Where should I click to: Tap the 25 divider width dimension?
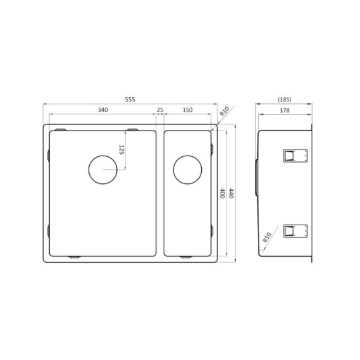(160, 110)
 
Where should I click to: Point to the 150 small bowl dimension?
(188, 110)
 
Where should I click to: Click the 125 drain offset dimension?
(122, 149)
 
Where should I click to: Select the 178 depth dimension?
(284, 110)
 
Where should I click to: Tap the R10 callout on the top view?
(224, 113)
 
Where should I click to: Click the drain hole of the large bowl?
(102, 170)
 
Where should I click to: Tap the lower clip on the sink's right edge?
(212, 231)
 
